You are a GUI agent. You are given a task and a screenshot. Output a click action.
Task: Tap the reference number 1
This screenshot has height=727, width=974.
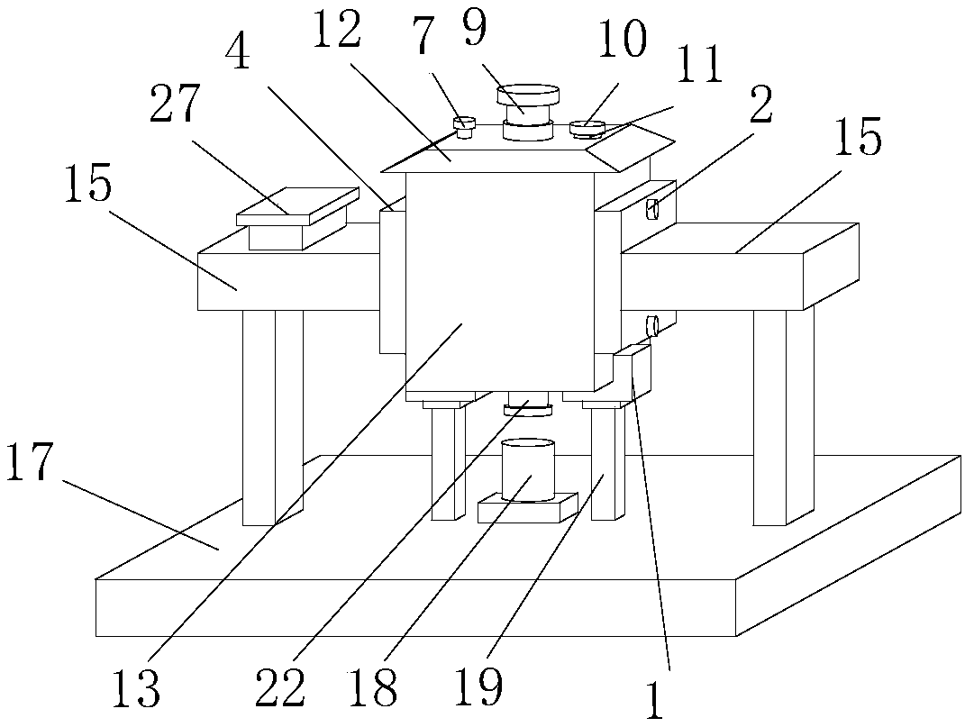point(656,701)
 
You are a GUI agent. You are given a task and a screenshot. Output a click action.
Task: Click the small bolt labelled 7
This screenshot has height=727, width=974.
point(465,127)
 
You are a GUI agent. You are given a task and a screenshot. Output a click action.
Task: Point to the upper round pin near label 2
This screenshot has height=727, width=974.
point(655,209)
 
